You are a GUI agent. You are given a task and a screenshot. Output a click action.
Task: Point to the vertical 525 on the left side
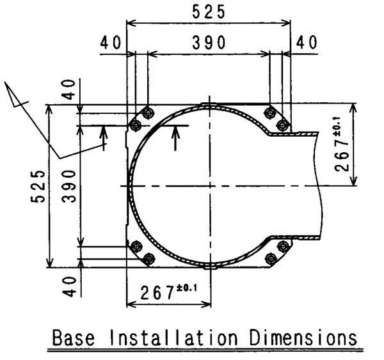40,186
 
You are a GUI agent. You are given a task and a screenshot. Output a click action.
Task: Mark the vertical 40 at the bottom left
70,283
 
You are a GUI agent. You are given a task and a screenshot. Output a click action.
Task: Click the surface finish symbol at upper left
19,96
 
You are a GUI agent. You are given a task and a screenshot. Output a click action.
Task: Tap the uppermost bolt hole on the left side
148,113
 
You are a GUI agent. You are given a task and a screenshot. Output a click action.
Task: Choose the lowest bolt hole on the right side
271,258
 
